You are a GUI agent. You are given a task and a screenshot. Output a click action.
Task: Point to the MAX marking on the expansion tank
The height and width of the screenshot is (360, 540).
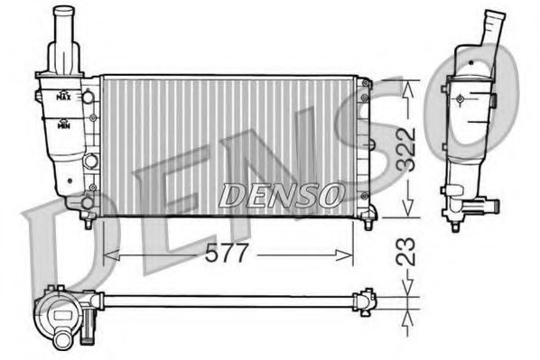tap(64, 96)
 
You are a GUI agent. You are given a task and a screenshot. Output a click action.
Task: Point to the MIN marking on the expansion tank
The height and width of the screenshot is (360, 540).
tap(64, 127)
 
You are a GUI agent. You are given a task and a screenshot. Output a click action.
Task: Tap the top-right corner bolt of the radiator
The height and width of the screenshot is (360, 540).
tap(364, 84)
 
